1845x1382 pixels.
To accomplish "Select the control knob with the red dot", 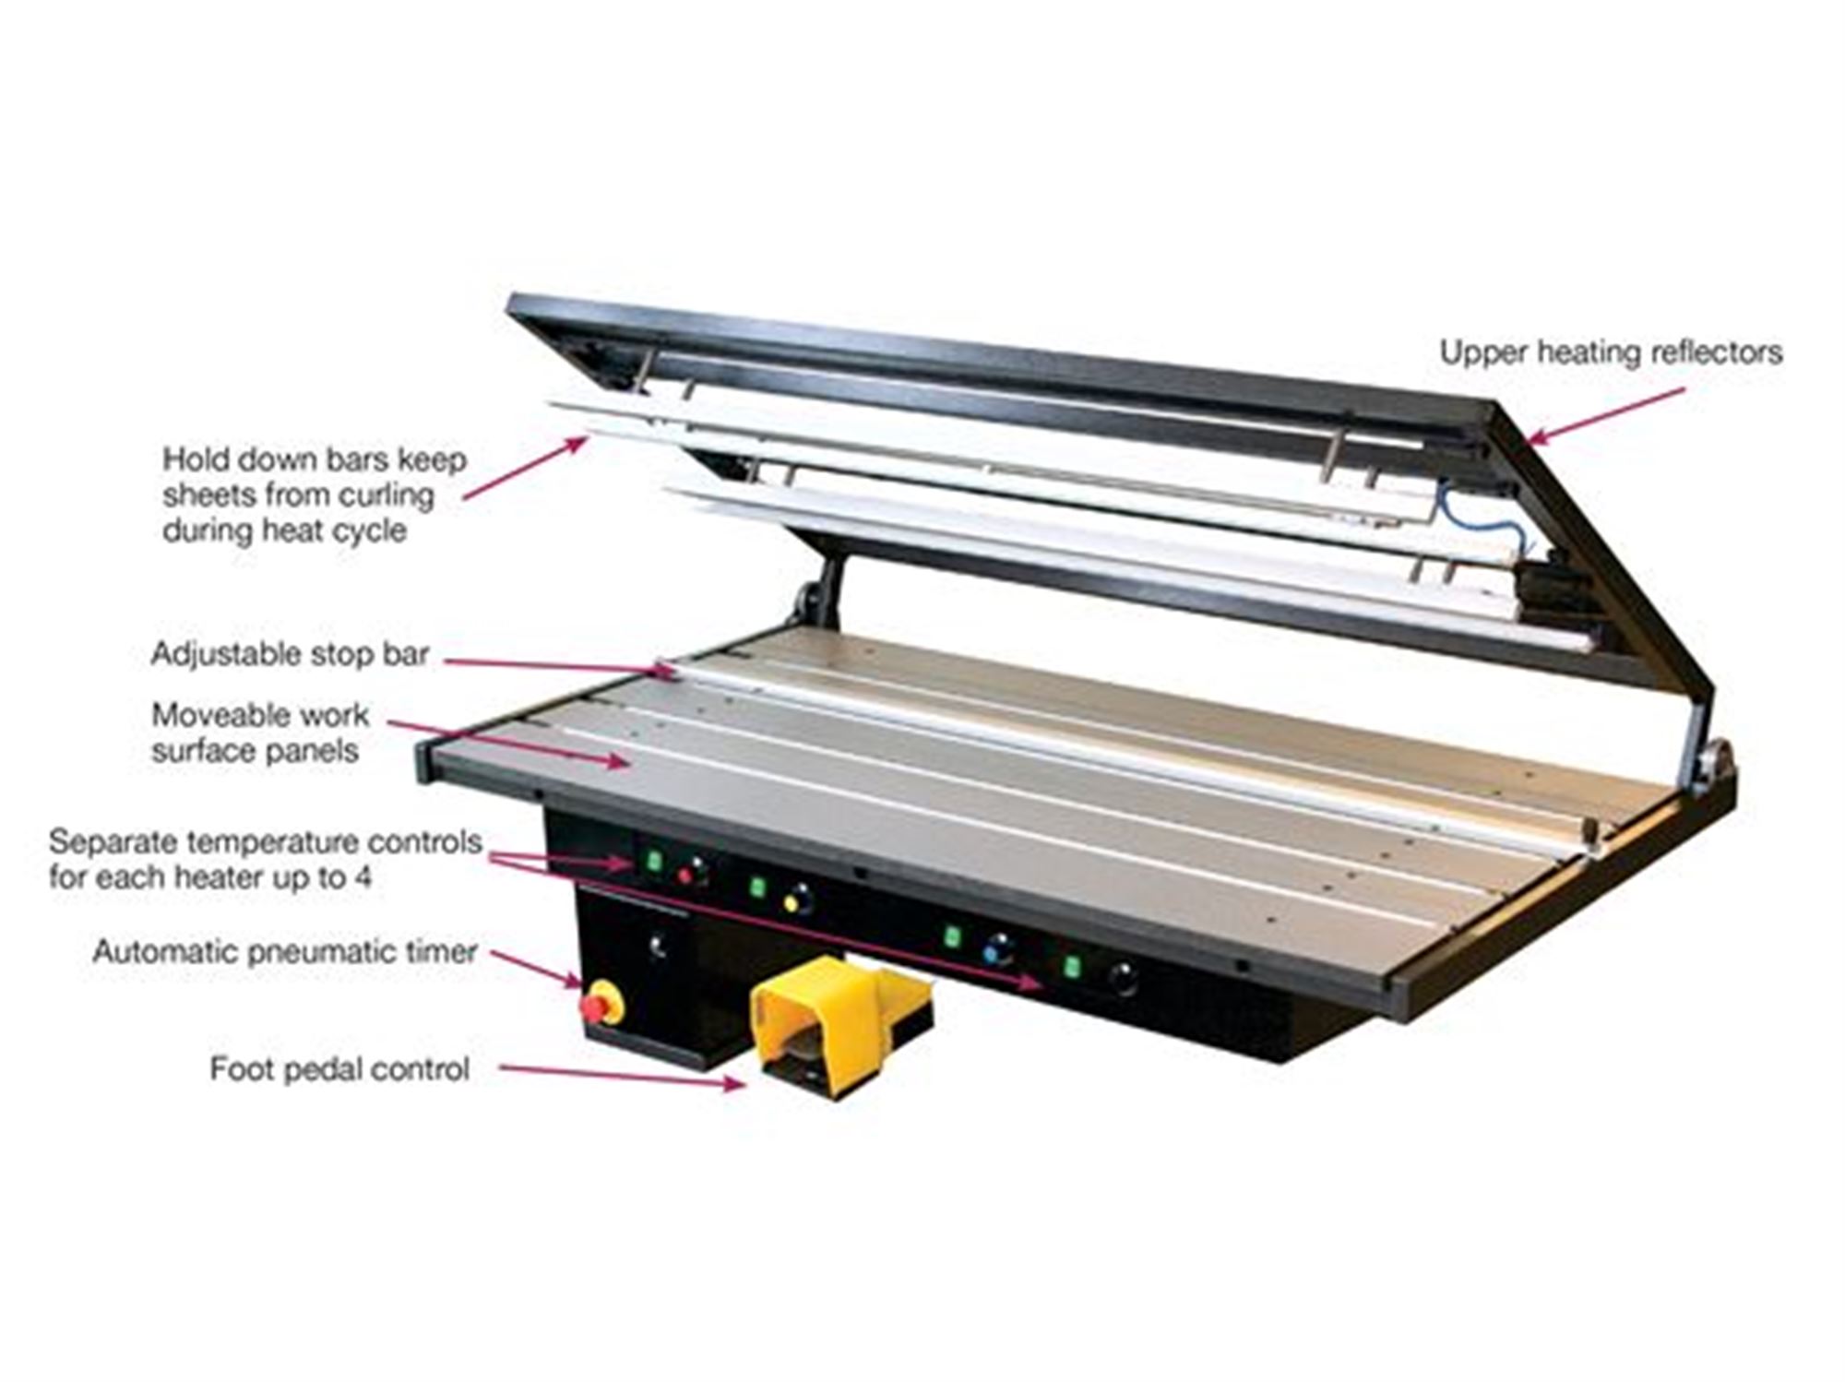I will (x=693, y=871).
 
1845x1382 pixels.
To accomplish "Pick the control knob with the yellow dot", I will (x=797, y=899).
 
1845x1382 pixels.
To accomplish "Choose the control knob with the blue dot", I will (x=998, y=949).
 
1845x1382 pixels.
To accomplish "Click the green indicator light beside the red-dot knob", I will (x=654, y=862).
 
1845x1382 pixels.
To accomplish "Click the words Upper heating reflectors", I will (x=1610, y=352).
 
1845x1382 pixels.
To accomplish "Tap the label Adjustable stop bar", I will (x=290, y=654).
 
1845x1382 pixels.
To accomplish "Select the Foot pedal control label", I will (x=339, y=1069).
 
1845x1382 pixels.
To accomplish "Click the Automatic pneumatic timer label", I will (x=284, y=951).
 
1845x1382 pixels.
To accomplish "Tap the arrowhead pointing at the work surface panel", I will (x=618, y=761).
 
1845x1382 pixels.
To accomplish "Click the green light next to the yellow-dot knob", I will (x=757, y=888).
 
